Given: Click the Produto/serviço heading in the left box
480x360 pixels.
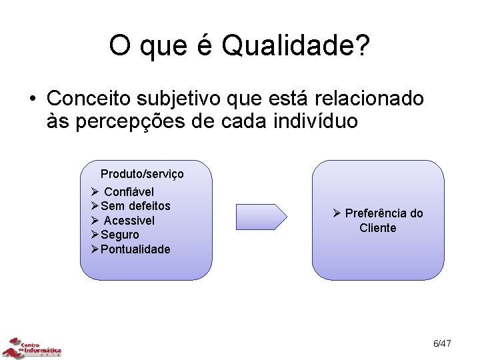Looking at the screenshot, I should (x=142, y=174).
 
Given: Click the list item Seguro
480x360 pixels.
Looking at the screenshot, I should (x=120, y=235).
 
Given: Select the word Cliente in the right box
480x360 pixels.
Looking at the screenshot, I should (x=378, y=228).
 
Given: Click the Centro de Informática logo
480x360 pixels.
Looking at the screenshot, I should (x=32, y=347).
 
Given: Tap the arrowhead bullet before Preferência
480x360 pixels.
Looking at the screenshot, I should (x=337, y=213).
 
